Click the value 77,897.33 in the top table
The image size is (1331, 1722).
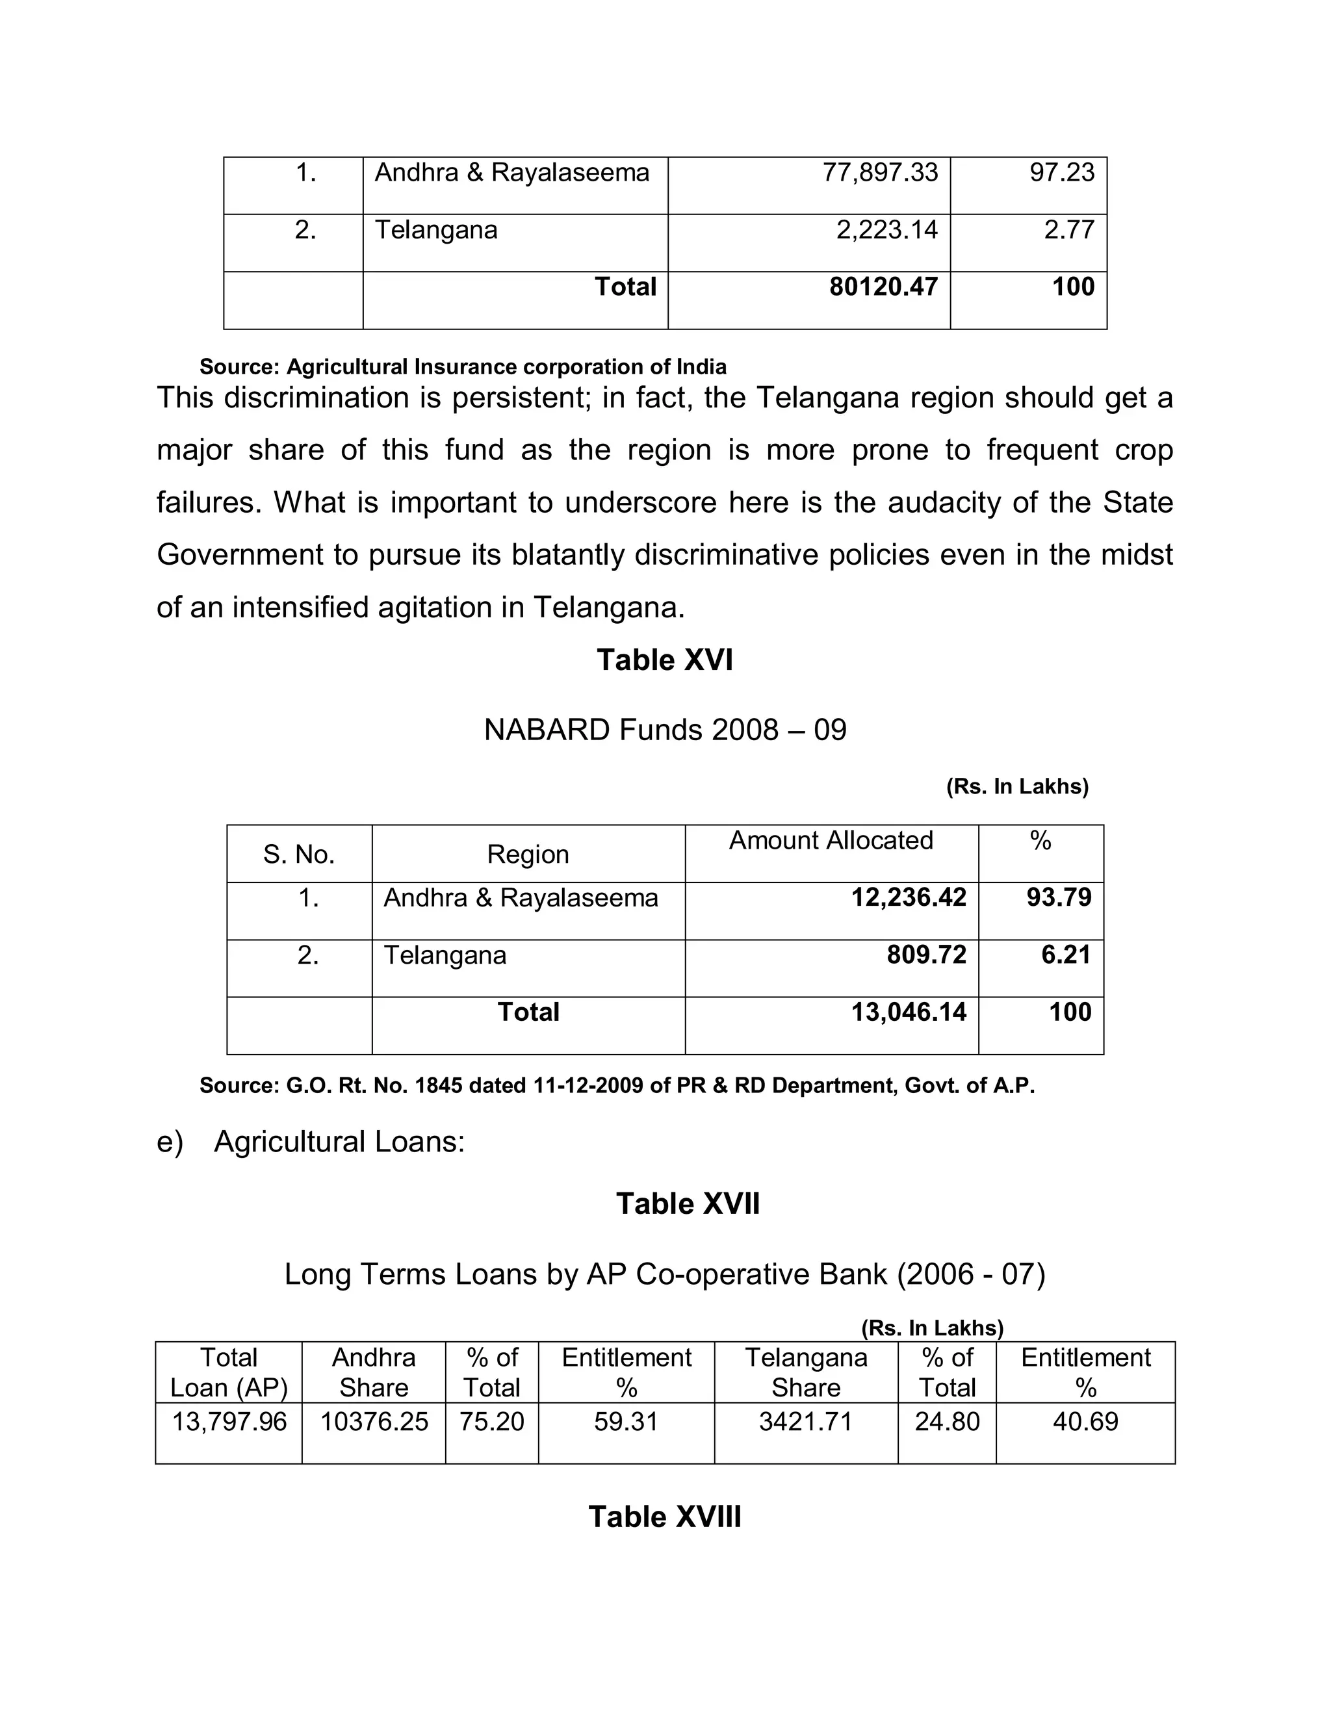click(x=880, y=173)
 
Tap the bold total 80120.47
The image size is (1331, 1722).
click(x=883, y=287)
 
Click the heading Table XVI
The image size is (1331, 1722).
click(x=665, y=660)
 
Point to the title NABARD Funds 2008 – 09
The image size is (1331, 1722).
click(x=665, y=730)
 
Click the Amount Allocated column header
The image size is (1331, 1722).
click(x=831, y=840)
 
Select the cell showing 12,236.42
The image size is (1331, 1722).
click(x=909, y=897)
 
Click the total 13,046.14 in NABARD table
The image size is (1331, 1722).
click(x=909, y=1012)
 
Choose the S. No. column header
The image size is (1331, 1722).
click(x=299, y=855)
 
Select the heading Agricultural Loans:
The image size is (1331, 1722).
click(x=339, y=1142)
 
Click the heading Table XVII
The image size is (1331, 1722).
click(x=688, y=1204)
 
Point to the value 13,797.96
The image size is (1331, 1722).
click(x=229, y=1422)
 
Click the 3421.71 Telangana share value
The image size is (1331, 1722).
click(x=805, y=1422)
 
